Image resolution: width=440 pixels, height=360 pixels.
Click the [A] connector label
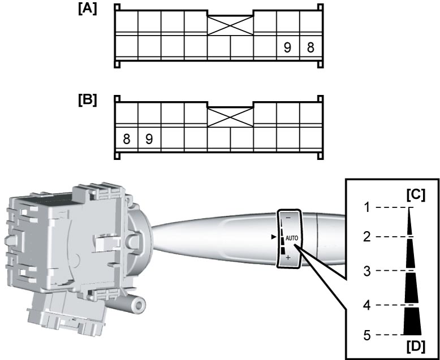click(88, 9)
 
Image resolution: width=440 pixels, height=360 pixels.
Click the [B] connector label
click(88, 101)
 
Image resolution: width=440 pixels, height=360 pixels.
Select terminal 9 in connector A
click(287, 47)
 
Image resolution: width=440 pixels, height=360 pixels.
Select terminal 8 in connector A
click(310, 47)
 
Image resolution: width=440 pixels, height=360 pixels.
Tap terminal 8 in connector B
click(127, 139)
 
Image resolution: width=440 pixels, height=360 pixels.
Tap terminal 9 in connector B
click(149, 139)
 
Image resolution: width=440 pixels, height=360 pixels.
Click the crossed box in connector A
click(230, 25)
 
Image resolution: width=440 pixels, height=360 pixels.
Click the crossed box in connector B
click(230, 117)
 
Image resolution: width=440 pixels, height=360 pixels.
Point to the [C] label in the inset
click(416, 195)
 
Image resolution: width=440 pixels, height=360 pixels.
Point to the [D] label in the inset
click(416, 347)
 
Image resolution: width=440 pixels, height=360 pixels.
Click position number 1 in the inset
click(367, 208)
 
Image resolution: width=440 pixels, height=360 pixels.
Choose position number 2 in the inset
click(367, 237)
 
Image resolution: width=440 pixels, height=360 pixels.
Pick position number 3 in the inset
click(367, 271)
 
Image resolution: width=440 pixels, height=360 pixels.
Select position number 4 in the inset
click(367, 306)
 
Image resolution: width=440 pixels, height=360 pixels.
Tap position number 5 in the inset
click(367, 335)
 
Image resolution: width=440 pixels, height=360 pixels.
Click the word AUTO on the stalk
click(292, 238)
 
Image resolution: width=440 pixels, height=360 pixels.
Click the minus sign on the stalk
click(288, 218)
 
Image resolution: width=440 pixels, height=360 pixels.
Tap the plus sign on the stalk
click(288, 257)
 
